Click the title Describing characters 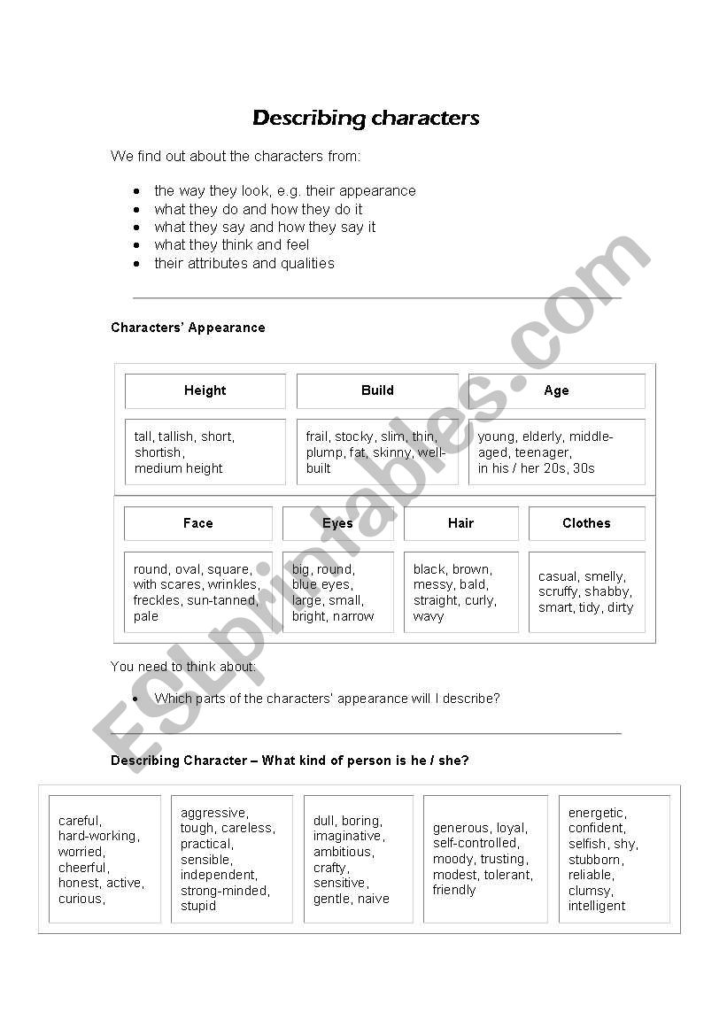(x=366, y=118)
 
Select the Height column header (x=205, y=390)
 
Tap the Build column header (x=377, y=390)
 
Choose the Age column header (x=556, y=390)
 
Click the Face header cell (x=197, y=523)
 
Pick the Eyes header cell (x=337, y=523)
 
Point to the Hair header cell (x=460, y=523)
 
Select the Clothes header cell (x=586, y=523)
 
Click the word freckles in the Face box (x=157, y=600)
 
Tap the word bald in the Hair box (x=473, y=584)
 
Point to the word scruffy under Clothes (x=558, y=591)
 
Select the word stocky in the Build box (x=354, y=436)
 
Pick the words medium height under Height (x=178, y=468)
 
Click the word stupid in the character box (x=197, y=906)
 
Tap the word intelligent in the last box (x=596, y=906)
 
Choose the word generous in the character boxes (x=460, y=828)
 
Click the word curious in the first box (x=81, y=899)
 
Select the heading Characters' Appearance (x=188, y=328)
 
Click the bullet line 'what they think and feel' (x=231, y=245)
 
